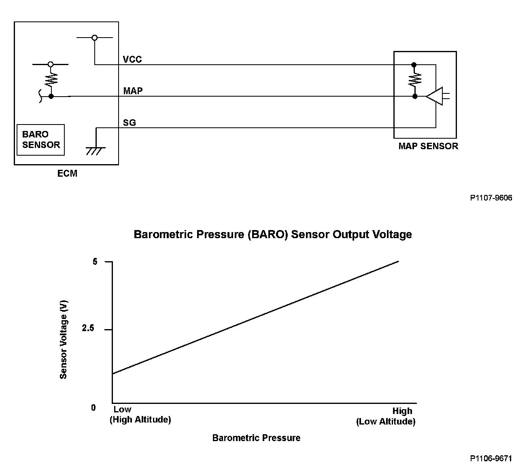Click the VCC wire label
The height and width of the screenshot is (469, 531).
tap(132, 59)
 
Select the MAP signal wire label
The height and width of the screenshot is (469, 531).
tap(133, 91)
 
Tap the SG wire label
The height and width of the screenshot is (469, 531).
tap(130, 123)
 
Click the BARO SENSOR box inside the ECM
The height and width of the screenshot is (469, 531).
tap(41, 140)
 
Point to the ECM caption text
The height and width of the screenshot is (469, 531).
tap(67, 173)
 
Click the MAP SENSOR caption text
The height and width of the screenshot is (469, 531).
tap(428, 146)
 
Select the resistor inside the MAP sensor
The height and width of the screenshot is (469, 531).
tap(414, 80)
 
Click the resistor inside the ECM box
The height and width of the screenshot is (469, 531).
tap(51, 80)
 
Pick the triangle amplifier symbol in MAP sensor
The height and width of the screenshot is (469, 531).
tap(435, 96)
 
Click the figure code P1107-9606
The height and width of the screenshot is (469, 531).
tap(491, 198)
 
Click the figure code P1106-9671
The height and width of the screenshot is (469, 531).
tap(491, 458)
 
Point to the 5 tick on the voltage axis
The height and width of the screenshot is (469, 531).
tap(95, 262)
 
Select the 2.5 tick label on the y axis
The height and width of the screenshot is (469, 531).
tap(88, 328)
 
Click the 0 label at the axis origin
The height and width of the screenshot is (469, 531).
tap(93, 408)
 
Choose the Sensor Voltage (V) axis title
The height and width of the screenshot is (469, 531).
tap(64, 339)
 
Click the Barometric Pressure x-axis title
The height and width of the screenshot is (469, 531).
tap(256, 438)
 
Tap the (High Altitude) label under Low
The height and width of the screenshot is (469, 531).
tap(140, 420)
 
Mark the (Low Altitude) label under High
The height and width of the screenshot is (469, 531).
tap(386, 422)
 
